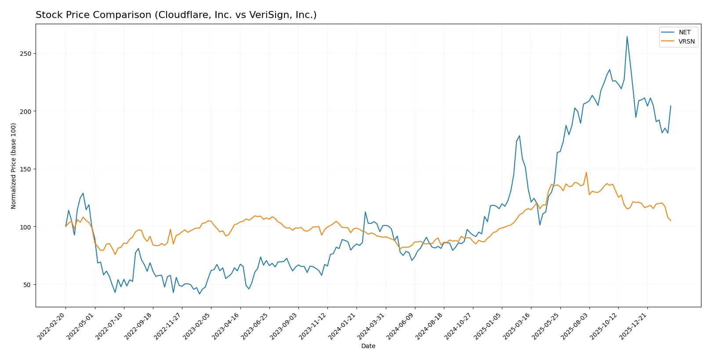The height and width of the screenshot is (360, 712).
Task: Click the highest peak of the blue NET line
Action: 627,36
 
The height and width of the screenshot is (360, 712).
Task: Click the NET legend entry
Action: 684,32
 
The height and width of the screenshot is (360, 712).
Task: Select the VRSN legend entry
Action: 686,41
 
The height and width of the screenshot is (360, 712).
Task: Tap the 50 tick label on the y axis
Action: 27,285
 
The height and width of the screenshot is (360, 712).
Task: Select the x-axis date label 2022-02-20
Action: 52,326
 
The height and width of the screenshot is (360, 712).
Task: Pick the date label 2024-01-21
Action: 342,326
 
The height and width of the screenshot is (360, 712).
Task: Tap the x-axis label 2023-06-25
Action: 255,326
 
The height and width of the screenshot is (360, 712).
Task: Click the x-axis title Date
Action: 368,346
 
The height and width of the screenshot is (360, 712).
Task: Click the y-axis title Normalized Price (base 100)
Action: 14,166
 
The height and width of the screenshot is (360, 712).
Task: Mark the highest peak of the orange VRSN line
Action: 586,172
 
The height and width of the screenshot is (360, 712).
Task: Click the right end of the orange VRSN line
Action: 671,221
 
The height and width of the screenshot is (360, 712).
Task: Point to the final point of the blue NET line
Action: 671,105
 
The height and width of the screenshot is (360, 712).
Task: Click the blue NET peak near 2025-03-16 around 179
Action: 519,136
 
